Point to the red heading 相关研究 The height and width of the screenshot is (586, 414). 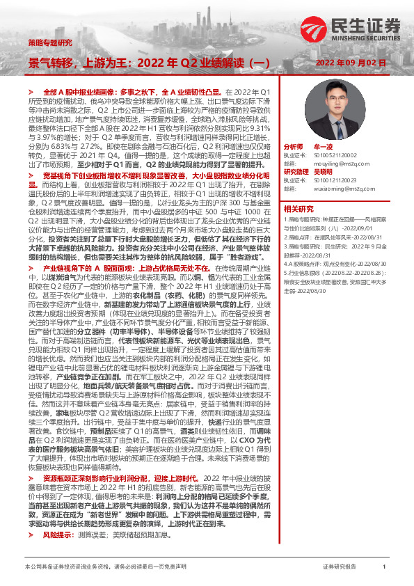point(298,208)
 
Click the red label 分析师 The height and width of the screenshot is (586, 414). point(294,148)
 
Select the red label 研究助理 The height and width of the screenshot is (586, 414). point(296,171)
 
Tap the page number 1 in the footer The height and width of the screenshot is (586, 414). point(385,567)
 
